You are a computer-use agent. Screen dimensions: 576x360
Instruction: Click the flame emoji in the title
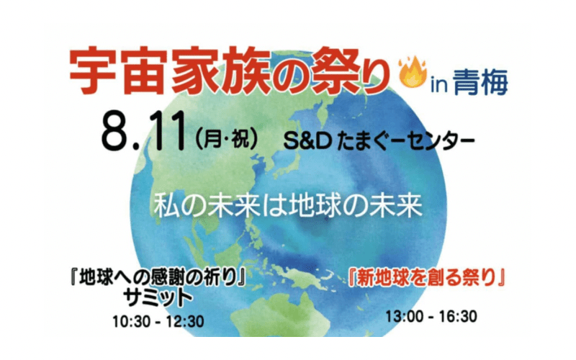click(413, 71)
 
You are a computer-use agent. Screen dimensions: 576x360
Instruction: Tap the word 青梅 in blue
click(480, 82)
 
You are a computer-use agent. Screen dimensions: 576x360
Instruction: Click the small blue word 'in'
click(439, 85)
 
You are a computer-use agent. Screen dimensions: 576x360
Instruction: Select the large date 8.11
click(143, 132)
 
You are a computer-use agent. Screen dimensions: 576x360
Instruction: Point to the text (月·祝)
click(226, 140)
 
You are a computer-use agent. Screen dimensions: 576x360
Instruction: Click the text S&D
click(308, 141)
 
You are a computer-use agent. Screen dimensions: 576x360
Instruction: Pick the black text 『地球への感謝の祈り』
click(158, 278)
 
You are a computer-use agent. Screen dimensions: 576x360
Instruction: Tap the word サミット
click(158, 298)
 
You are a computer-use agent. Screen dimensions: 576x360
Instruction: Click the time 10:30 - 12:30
click(158, 321)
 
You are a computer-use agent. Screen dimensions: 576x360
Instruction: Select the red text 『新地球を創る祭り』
click(426, 278)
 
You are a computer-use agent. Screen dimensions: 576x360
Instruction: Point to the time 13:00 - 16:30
click(431, 316)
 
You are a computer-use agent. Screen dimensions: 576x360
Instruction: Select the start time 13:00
click(403, 316)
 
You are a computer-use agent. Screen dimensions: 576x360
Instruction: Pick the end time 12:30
click(186, 321)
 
